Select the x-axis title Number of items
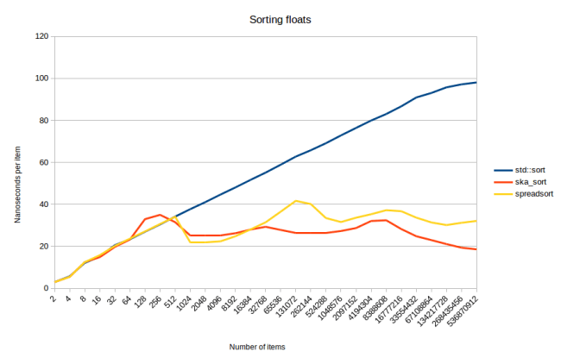pos(257,347)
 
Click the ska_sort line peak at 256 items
pos(160,215)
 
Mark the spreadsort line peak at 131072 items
pos(296,201)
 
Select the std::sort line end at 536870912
pos(476,83)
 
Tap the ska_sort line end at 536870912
pos(476,249)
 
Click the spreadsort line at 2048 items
pos(205,242)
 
